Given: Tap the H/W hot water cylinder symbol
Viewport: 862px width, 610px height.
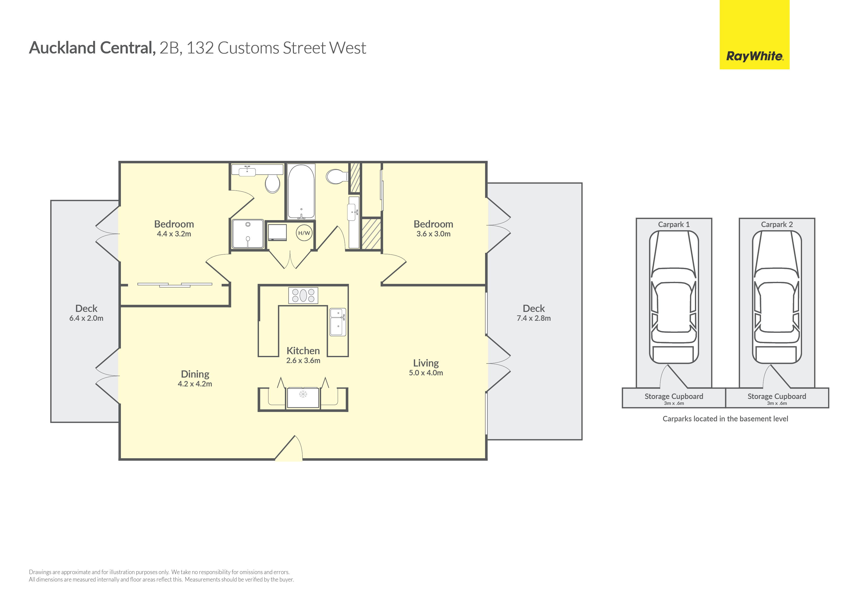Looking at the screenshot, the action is [x=304, y=233].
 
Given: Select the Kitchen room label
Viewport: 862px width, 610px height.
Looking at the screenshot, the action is [x=303, y=351].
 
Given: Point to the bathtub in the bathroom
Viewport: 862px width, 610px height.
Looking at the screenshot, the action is [x=301, y=192].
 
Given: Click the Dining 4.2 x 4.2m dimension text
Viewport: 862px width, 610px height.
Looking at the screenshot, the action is [x=195, y=384].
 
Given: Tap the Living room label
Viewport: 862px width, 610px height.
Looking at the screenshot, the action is [x=426, y=363].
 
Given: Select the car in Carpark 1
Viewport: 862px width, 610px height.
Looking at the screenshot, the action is [x=674, y=297].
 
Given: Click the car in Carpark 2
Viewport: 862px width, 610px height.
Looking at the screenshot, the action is [x=777, y=297].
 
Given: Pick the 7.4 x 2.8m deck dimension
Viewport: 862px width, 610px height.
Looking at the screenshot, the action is [x=533, y=318].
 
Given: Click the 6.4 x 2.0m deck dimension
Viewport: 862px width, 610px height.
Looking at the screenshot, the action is [x=86, y=318].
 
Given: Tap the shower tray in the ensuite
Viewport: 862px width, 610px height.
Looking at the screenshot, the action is [x=248, y=234].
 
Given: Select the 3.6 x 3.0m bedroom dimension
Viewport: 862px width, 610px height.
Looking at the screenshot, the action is [x=433, y=234].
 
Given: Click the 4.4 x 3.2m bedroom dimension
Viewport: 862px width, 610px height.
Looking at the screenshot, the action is [x=174, y=234].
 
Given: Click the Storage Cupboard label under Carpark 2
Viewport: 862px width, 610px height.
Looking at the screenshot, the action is [x=777, y=396].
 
